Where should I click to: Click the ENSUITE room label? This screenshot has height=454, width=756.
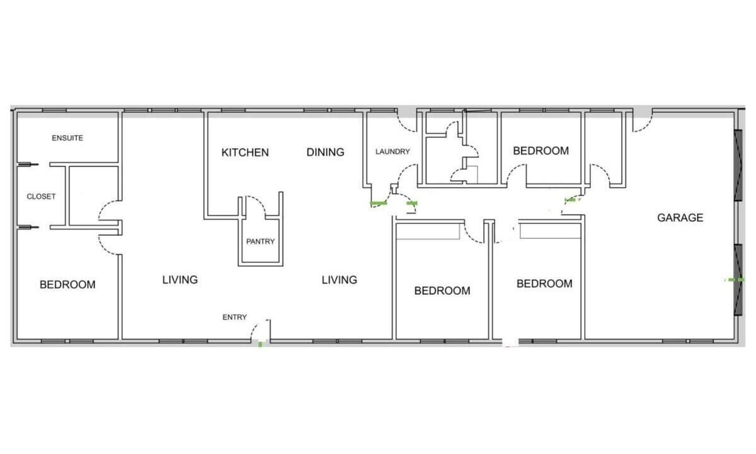click(67, 138)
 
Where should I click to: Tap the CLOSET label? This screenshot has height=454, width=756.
click(41, 196)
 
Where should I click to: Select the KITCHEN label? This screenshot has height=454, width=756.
click(245, 153)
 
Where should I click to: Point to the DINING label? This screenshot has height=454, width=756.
click(325, 152)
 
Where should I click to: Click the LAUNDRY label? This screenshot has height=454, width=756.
click(392, 152)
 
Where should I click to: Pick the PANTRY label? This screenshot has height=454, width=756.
click(260, 242)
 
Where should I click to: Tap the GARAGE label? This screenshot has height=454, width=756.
click(680, 218)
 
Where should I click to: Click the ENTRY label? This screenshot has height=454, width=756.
click(234, 317)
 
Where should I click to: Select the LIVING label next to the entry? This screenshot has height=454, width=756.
click(180, 280)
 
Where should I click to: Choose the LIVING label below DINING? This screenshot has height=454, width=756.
click(339, 280)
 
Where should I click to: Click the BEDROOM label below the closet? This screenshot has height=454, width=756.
click(67, 284)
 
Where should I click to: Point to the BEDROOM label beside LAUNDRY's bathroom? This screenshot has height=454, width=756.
click(541, 151)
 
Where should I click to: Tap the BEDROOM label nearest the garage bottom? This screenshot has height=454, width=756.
click(544, 283)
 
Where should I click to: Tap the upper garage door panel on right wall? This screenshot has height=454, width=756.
click(738, 165)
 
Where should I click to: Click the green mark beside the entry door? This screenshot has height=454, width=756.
click(260, 344)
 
